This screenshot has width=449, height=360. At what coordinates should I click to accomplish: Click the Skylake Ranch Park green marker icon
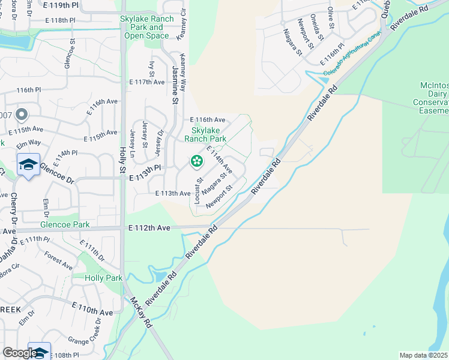point(196,161)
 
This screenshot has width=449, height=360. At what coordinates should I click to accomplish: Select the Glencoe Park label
point(65,225)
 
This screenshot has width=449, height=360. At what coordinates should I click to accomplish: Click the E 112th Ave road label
point(149,228)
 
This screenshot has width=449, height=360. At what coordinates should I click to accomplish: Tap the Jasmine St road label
point(176,85)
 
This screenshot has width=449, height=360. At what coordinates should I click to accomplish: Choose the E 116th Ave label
point(208,120)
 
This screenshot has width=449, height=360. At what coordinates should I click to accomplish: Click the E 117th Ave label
point(146,82)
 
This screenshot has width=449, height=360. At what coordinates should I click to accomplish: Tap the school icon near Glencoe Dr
point(28,164)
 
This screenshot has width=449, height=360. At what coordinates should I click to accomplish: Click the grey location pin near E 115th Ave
point(22,115)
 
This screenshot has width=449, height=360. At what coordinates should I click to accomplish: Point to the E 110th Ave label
point(92,312)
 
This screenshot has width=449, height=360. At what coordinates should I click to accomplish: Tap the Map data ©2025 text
point(423,355)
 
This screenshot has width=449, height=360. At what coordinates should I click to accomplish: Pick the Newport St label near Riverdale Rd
point(219,197)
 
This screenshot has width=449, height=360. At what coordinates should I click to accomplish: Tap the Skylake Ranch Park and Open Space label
point(147,27)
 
